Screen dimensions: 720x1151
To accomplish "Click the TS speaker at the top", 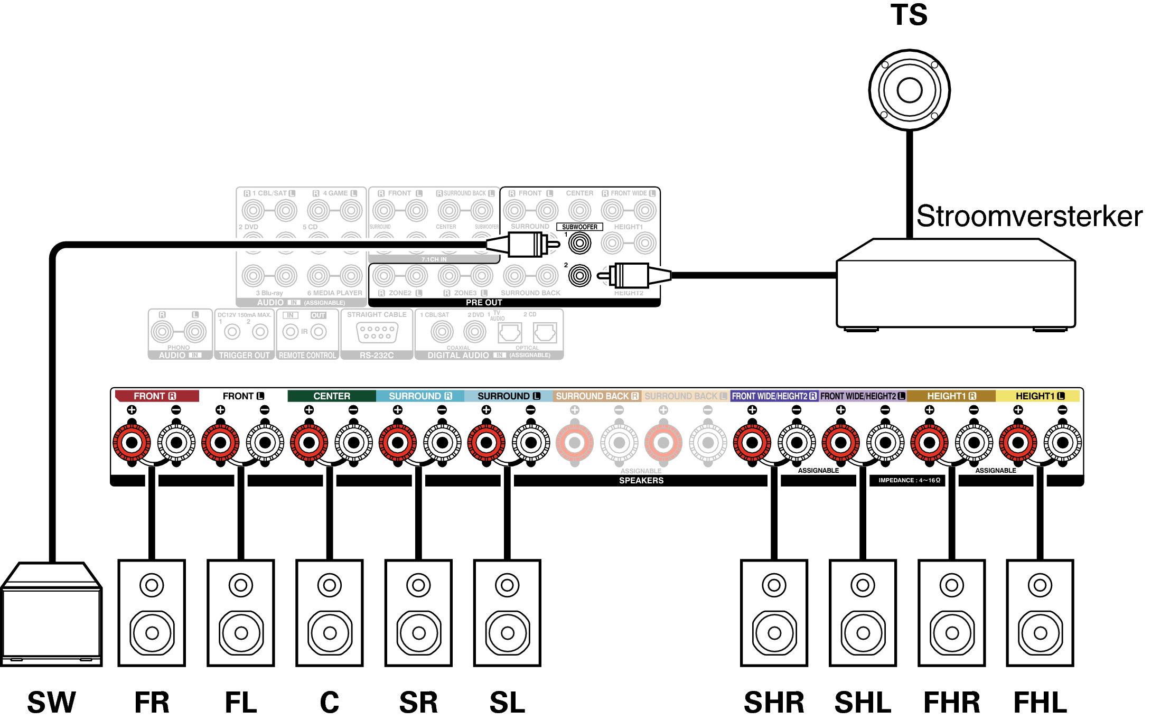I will (x=909, y=90).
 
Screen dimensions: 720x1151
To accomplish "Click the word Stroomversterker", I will (x=1029, y=216).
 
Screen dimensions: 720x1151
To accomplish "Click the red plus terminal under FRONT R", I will (x=132, y=443).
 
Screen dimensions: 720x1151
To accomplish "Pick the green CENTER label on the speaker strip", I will (x=332, y=396).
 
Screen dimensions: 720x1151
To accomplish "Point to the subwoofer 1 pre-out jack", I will (x=579, y=244).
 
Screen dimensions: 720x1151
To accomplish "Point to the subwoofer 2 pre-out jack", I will (x=579, y=275).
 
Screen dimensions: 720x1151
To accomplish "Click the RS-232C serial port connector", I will (x=377, y=332).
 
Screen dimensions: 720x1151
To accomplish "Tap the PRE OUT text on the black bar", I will (x=484, y=303).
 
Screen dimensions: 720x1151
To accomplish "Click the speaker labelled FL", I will (x=241, y=613).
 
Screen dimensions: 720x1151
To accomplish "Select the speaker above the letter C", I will (x=330, y=613).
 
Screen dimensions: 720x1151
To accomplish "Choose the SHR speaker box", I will (x=774, y=613).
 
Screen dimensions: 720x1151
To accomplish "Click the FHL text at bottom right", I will (x=1040, y=703).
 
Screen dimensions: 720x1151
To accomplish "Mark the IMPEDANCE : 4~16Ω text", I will (x=909, y=480).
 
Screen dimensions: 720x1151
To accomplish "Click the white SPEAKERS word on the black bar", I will (x=641, y=481).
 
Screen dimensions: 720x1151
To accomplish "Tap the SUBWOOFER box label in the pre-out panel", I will (x=579, y=227).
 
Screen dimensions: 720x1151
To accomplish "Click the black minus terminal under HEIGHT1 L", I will (x=1063, y=443).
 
